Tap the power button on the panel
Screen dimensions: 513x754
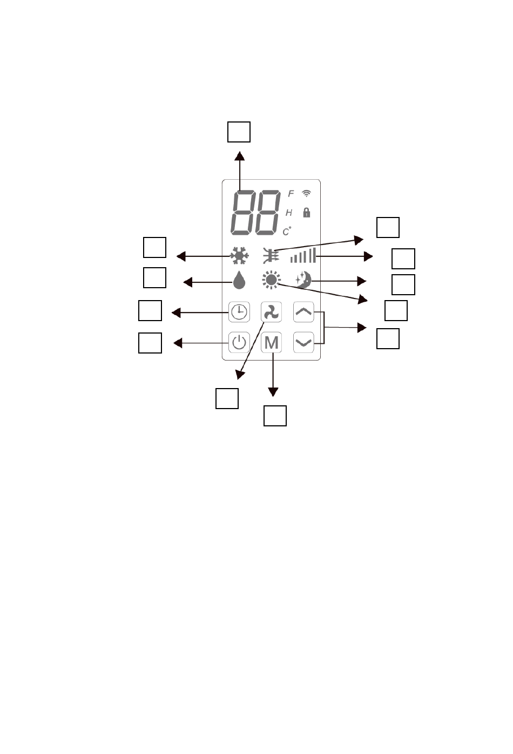[x=239, y=342]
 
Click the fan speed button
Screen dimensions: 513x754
[x=271, y=311]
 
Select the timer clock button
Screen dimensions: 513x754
[x=239, y=311]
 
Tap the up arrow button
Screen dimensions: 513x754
[x=304, y=311]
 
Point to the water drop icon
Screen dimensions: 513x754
[x=239, y=281]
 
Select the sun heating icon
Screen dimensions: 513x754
[x=271, y=280]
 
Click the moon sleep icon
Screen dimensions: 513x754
[x=303, y=280]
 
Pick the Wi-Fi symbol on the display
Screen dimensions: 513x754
[x=307, y=193]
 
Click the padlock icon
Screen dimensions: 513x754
[x=307, y=212]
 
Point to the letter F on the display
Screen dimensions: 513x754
[x=291, y=194]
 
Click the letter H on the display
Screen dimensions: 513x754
[x=289, y=213]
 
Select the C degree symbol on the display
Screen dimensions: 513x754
[x=287, y=232]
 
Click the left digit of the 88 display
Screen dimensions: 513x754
[x=244, y=213]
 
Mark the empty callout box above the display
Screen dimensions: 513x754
[x=239, y=132]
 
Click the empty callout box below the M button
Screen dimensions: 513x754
[x=275, y=416]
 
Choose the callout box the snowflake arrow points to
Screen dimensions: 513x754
[x=154, y=247]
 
